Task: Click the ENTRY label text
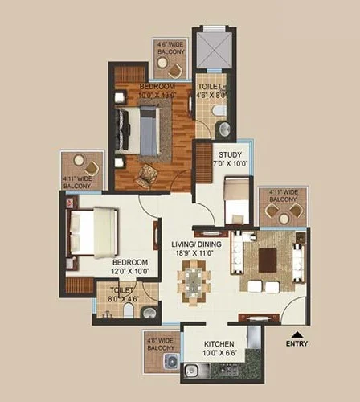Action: point(297,344)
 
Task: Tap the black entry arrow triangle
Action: point(297,334)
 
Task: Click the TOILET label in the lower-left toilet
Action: point(121,289)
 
